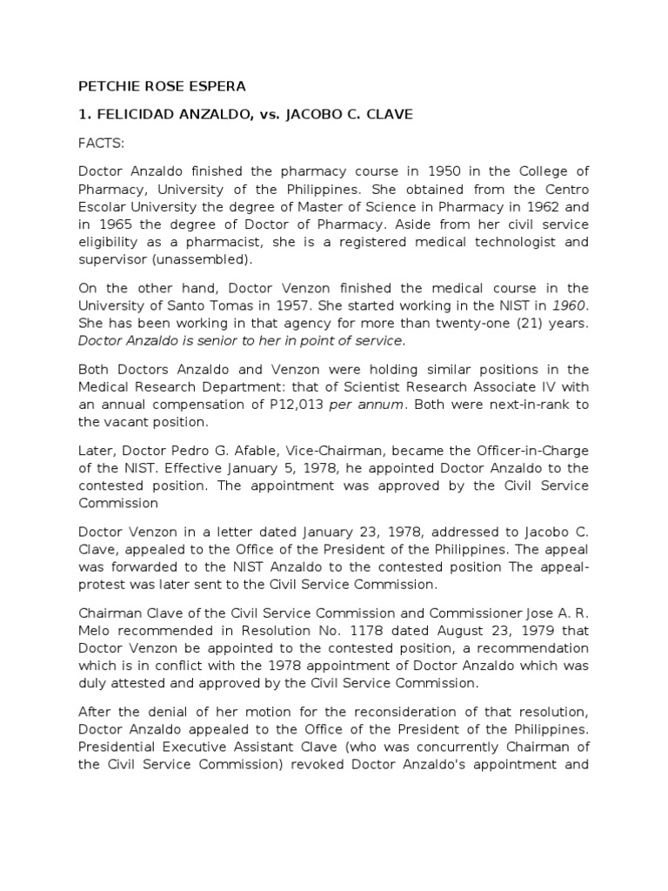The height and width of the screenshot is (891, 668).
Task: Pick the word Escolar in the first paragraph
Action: tap(102, 206)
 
